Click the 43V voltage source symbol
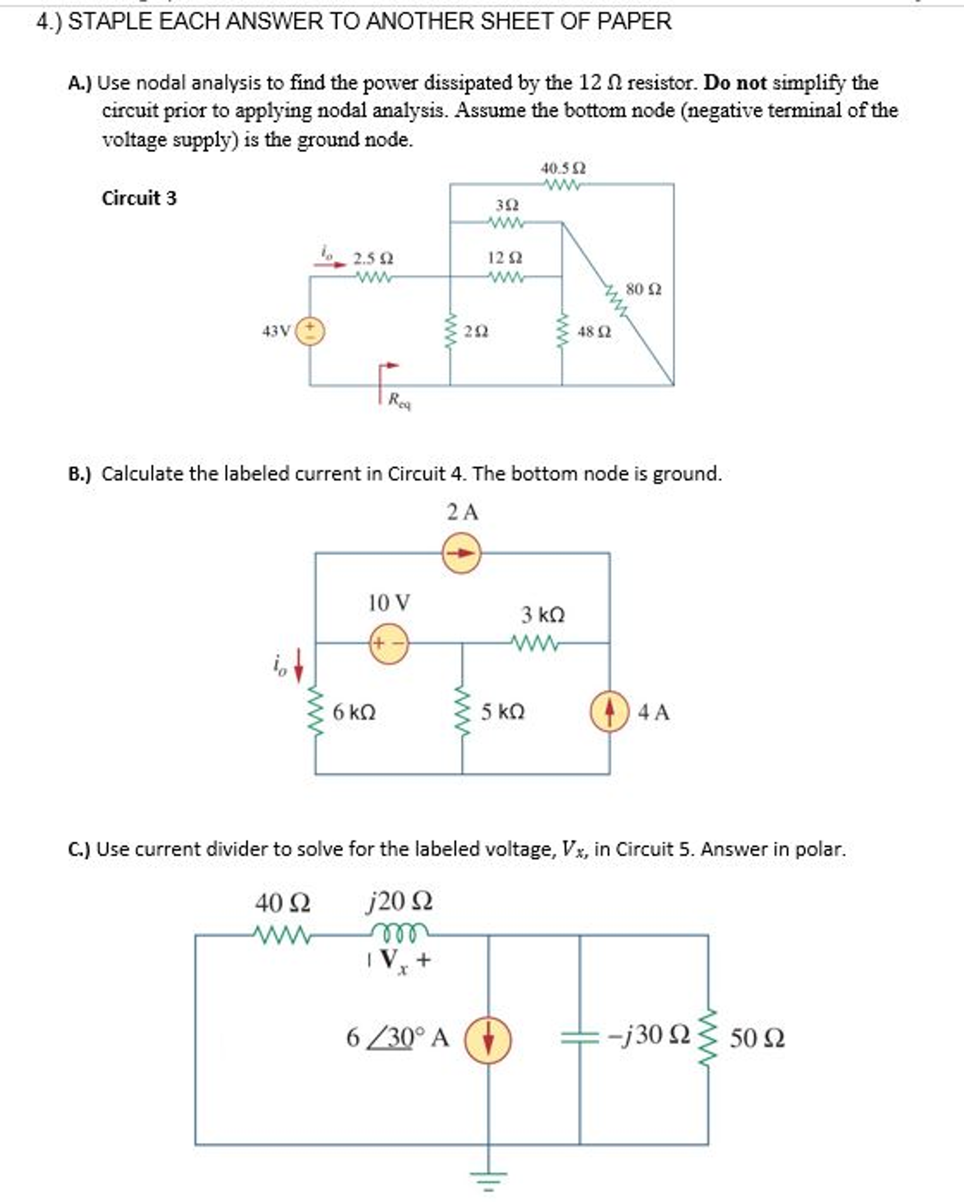tap(310, 331)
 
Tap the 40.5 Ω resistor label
tap(563, 169)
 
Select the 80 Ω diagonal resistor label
tap(643, 289)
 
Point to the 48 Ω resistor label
tap(594, 332)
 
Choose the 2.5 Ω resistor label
tap(373, 258)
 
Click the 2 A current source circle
tap(461, 553)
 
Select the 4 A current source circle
tap(609, 712)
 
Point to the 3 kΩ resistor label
tap(543, 615)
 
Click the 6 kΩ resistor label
tap(354, 713)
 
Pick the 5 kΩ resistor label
tap(502, 713)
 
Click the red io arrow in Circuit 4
tap(299, 665)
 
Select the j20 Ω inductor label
tap(399, 901)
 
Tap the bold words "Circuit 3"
tap(139, 198)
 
